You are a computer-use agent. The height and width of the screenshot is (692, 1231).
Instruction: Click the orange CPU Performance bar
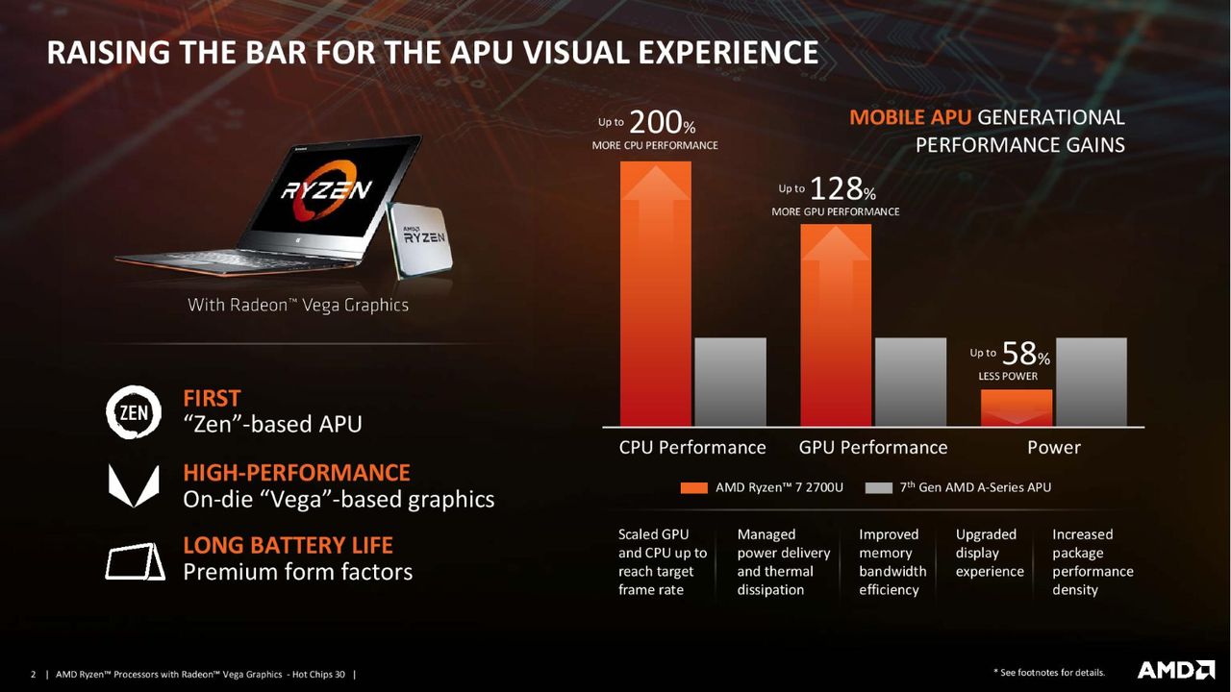[656, 293]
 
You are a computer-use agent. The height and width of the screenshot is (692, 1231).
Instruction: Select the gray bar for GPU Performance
[911, 382]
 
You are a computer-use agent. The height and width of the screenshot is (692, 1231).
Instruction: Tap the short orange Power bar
[1017, 408]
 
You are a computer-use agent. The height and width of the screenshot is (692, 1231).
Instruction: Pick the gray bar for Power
[1092, 382]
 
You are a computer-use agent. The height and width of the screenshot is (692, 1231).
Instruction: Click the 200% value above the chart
[663, 122]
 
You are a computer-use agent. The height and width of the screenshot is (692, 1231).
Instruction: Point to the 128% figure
[842, 189]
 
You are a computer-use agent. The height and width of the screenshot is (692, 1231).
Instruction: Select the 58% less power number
[1025, 354]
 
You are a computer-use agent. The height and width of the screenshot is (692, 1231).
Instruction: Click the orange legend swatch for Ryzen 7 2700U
[693, 487]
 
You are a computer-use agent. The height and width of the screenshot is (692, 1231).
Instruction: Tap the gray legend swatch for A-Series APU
[878, 487]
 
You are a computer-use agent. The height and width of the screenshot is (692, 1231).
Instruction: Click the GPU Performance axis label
[872, 448]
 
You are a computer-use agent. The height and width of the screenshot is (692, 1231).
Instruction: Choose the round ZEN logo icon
[134, 412]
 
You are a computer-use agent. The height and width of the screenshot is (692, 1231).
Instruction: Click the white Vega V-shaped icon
[134, 486]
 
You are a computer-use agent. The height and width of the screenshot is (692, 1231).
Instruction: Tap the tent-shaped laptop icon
[135, 562]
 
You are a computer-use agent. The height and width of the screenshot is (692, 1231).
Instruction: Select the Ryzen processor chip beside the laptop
[420, 240]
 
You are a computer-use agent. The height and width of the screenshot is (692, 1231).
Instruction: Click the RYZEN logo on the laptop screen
[326, 190]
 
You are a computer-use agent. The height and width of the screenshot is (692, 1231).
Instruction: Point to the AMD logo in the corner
[1176, 670]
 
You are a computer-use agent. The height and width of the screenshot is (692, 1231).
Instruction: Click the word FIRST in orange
[212, 399]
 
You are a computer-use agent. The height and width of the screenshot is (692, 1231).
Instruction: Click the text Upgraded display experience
[990, 553]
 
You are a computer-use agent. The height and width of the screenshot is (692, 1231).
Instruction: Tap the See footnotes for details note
[1049, 672]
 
